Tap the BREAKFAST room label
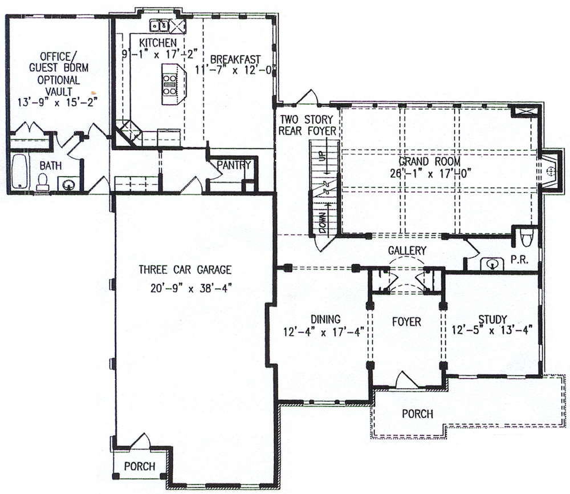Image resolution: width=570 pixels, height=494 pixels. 235,59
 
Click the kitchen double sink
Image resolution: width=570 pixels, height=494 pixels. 160,25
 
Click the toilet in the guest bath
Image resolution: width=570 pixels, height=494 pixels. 43,181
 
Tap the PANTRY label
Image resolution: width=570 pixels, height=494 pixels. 234,165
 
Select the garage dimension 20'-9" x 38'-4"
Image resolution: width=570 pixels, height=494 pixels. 188,288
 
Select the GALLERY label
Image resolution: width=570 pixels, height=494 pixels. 407,250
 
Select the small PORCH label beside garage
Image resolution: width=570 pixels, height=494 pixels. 140,466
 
